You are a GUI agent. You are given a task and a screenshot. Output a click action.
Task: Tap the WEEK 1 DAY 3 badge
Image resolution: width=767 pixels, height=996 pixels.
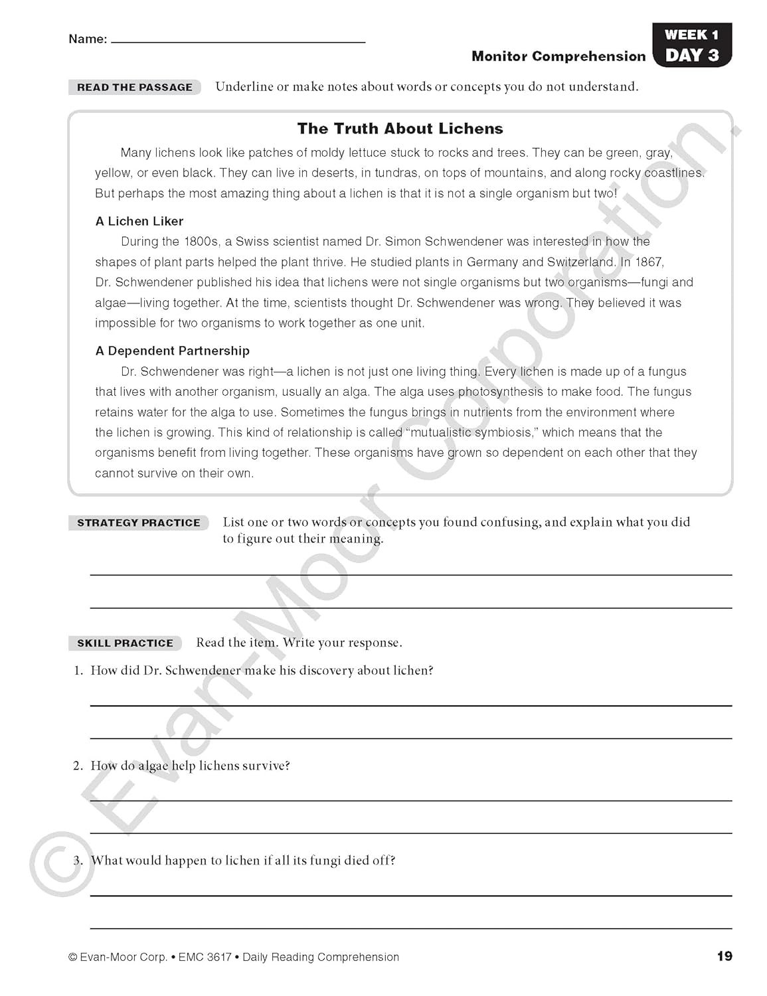(x=691, y=45)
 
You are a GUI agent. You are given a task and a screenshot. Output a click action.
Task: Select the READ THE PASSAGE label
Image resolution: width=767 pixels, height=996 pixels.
(x=134, y=87)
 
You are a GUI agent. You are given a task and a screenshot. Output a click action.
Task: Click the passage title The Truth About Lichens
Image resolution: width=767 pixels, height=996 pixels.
(x=400, y=128)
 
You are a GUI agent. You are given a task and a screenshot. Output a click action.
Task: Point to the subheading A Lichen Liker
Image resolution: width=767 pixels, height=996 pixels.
(x=139, y=221)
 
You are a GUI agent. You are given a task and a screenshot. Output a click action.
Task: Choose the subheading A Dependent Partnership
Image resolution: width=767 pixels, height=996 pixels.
(x=172, y=351)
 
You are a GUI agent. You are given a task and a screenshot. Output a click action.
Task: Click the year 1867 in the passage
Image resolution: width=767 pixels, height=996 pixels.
(x=649, y=262)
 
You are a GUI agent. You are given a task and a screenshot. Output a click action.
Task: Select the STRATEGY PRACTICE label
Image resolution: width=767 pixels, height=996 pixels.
(x=138, y=523)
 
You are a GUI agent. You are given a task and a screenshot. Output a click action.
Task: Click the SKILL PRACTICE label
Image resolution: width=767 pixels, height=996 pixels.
(x=125, y=643)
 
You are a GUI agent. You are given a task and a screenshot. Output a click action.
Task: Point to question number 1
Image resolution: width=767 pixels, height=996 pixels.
(x=78, y=671)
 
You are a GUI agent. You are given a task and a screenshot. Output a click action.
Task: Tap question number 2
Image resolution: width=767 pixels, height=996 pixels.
(x=78, y=766)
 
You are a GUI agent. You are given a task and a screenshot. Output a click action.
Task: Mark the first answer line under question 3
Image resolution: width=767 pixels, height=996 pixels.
(x=410, y=894)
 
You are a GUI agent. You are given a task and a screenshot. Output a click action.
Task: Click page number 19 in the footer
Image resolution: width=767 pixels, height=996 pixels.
(x=724, y=956)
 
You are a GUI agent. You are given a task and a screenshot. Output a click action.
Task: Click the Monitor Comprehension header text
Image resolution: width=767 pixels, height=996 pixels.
(x=558, y=56)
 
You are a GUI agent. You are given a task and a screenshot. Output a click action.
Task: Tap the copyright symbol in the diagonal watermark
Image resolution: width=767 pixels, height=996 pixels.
(x=61, y=863)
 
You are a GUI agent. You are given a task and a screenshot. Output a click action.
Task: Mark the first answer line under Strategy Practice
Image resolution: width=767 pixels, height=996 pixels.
(x=410, y=574)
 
